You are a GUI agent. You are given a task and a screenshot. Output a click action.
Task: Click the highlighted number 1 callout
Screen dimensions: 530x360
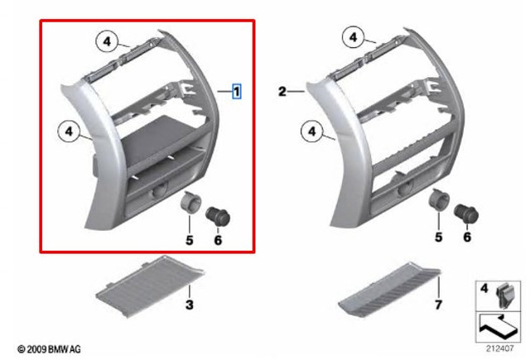click(237, 91)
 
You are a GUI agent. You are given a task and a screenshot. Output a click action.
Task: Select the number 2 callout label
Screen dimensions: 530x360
click(282, 92)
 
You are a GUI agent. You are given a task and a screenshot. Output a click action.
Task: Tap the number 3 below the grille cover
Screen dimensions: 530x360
click(190, 305)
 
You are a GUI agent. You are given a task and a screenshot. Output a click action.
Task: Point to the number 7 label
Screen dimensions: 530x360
click(438, 305)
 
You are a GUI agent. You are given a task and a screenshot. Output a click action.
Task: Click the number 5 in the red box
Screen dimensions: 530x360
click(190, 240)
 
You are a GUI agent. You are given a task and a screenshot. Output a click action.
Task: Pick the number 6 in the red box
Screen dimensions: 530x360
click(218, 240)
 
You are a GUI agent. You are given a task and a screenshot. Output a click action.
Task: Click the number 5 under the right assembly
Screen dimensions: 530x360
click(438, 237)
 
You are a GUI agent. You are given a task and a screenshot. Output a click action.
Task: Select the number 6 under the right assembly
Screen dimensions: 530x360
click(467, 237)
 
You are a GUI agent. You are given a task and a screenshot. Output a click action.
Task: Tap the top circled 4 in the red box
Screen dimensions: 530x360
click(107, 41)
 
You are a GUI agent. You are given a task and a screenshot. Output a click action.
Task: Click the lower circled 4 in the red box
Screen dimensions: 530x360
click(69, 131)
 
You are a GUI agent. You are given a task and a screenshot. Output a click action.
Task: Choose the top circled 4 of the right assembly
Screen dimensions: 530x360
click(354, 36)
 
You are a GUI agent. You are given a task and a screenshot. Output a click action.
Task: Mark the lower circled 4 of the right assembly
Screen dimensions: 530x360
click(312, 131)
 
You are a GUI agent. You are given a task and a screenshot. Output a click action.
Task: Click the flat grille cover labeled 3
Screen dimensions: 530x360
click(151, 286)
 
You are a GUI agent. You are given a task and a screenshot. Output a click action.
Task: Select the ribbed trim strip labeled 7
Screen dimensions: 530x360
click(388, 290)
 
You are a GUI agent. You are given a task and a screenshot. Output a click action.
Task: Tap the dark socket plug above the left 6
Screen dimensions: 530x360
click(218, 216)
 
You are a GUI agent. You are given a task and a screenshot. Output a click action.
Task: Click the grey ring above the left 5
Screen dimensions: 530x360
click(191, 202)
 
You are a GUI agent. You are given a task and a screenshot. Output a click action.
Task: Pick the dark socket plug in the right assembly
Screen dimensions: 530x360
click(466, 214)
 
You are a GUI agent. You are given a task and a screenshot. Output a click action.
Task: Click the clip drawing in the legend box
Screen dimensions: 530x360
click(505, 295)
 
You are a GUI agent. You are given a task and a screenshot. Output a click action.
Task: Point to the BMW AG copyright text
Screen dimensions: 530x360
click(50, 349)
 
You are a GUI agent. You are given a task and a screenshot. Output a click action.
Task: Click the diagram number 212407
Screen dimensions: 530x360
click(499, 348)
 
